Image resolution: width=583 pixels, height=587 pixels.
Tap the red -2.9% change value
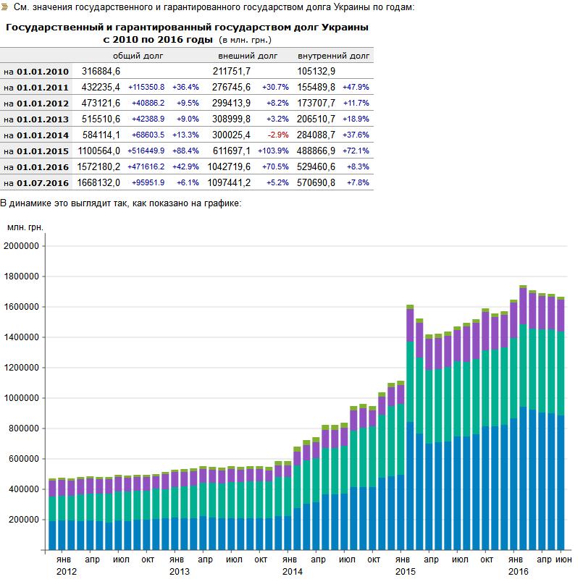click(x=278, y=135)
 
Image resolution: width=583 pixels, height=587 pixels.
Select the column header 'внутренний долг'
click(x=334, y=56)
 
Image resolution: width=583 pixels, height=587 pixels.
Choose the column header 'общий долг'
click(x=138, y=56)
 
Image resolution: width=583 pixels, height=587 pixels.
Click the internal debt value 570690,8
click(x=316, y=183)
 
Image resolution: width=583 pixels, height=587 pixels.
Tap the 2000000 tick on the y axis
click(x=24, y=246)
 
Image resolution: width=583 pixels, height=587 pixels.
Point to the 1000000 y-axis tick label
click(x=24, y=398)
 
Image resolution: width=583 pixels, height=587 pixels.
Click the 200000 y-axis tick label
click(x=26, y=520)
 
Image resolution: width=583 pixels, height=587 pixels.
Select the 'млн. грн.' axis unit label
click(x=26, y=227)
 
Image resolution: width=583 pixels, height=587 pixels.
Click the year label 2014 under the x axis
click(x=292, y=572)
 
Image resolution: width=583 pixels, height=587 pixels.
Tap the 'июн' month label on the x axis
click(x=562, y=559)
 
